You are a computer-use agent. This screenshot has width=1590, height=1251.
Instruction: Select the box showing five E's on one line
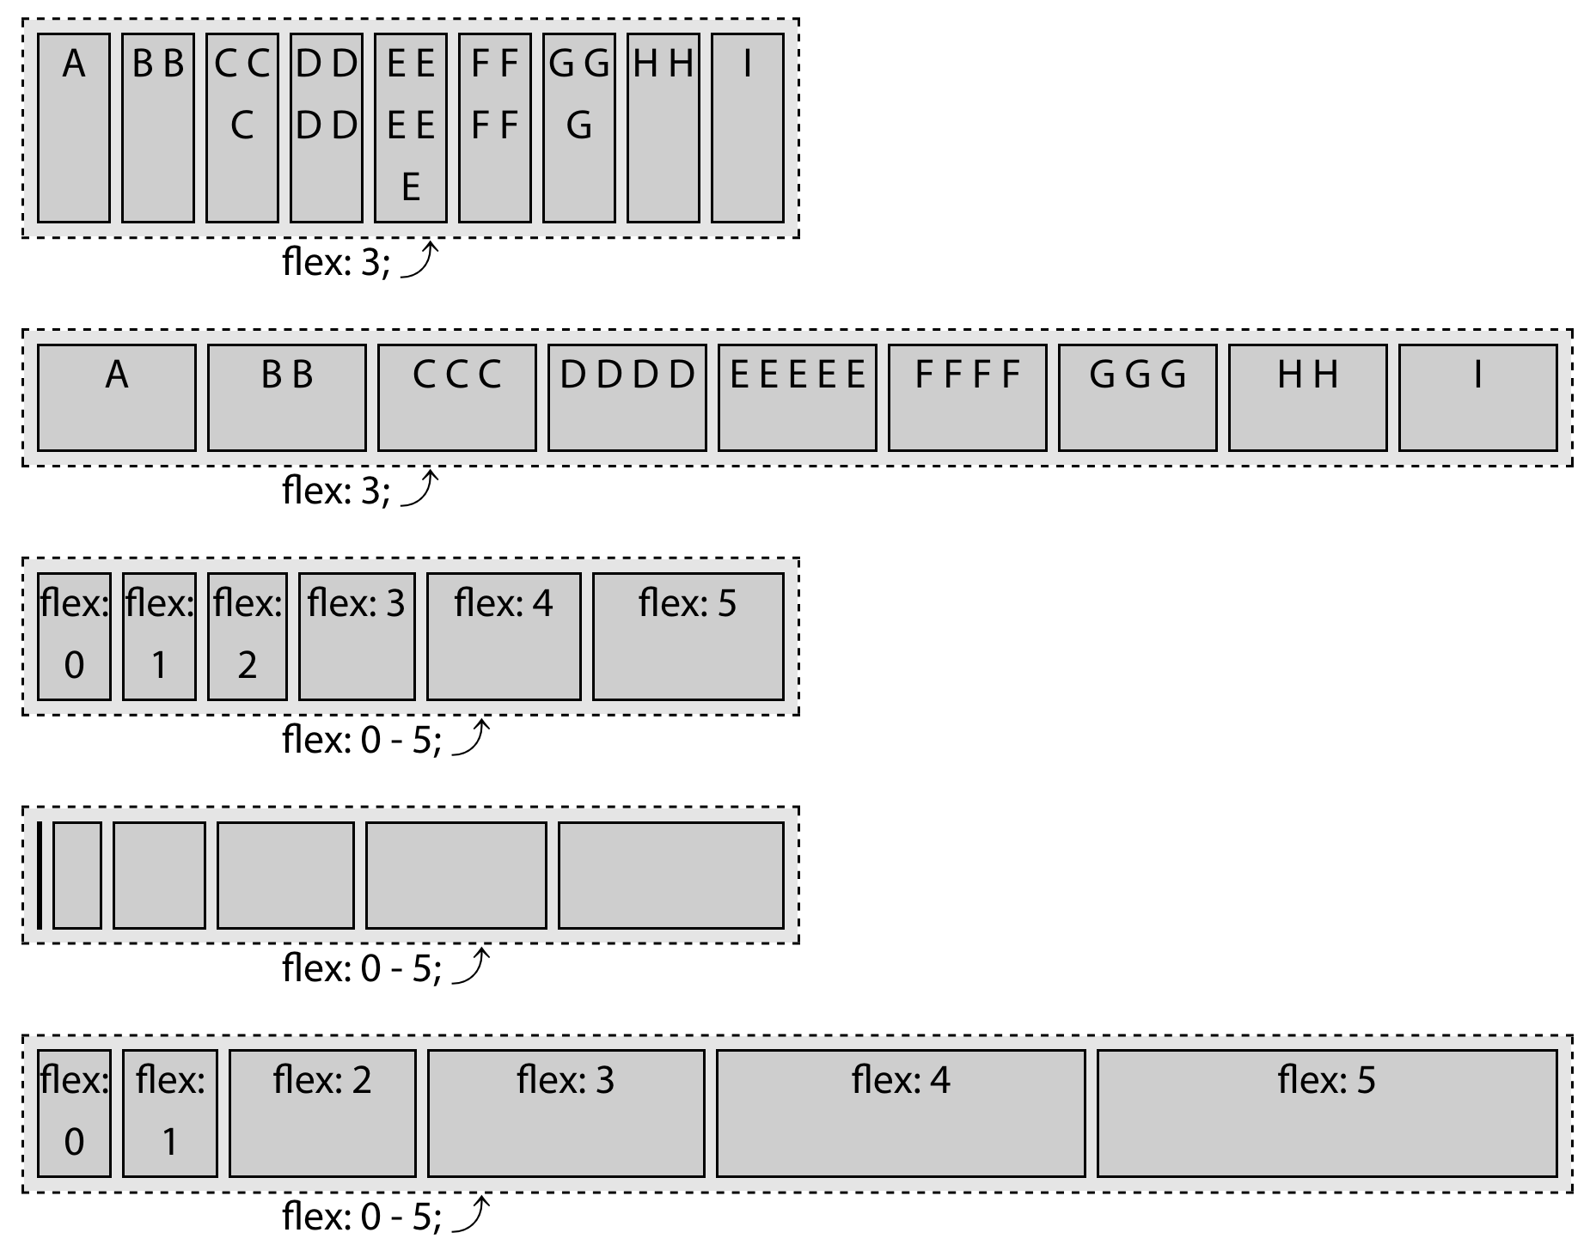[x=797, y=397]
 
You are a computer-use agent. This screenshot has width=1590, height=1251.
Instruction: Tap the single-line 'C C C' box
[x=456, y=397]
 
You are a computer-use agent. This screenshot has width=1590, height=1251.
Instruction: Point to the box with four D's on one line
[x=627, y=397]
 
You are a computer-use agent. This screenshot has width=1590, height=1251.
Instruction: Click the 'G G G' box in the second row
[x=1137, y=397]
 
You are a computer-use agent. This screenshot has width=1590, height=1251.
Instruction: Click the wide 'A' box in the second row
[x=117, y=397]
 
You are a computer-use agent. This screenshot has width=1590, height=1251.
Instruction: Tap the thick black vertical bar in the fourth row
[x=40, y=875]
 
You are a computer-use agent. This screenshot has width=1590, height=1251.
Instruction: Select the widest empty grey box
[x=670, y=875]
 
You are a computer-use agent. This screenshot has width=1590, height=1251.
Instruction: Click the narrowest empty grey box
[x=77, y=875]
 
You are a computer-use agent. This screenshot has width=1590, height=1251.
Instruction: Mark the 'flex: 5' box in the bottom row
[x=1326, y=1113]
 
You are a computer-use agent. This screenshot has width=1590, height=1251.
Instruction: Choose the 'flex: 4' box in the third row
[x=504, y=636]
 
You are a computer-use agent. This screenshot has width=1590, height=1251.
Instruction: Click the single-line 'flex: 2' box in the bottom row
[x=322, y=1113]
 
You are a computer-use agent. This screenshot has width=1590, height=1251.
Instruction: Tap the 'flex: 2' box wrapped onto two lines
[x=248, y=636]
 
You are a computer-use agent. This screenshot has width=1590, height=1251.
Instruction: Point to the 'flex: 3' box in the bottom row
[x=566, y=1113]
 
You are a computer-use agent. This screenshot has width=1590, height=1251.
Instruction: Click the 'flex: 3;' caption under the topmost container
[x=336, y=262]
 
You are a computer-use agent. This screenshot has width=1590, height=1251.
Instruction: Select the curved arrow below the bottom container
[x=471, y=1213]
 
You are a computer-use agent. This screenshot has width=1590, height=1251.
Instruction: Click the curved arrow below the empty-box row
[x=471, y=966]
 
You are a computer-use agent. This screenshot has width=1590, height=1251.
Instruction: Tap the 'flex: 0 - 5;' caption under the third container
[x=362, y=740]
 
